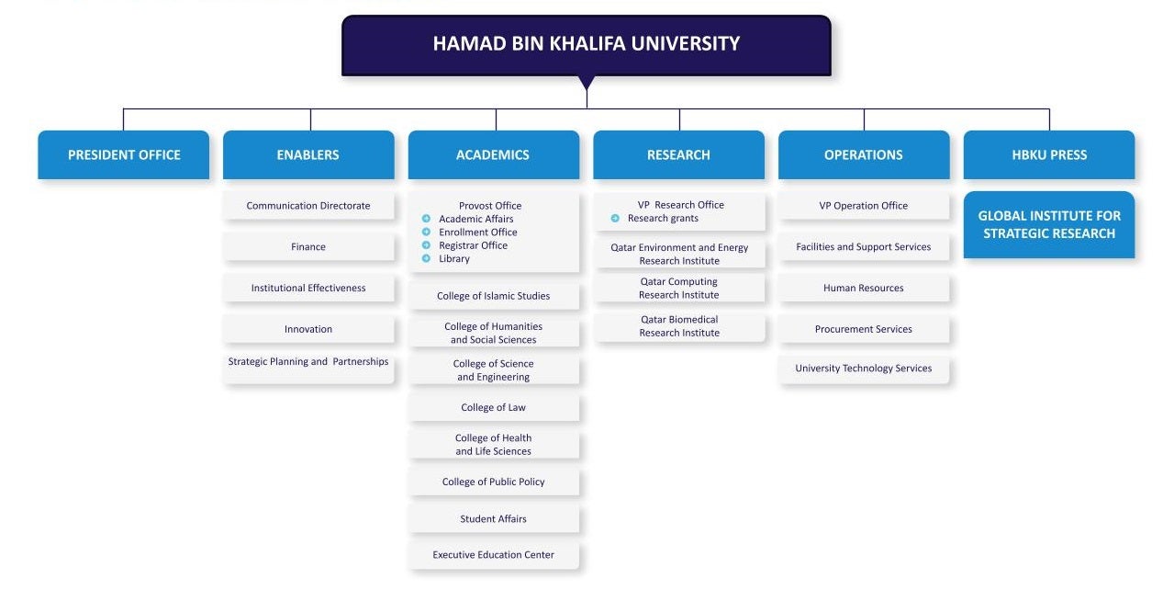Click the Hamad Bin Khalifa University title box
[x=586, y=45]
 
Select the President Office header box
[x=124, y=154]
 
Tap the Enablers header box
[x=308, y=154]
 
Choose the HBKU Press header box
[x=1049, y=154]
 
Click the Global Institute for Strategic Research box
[x=1049, y=224]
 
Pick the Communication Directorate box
[x=308, y=205]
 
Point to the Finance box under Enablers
[x=308, y=246]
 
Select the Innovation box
[x=308, y=329]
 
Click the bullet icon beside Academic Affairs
[x=426, y=219]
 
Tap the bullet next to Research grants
[x=615, y=218]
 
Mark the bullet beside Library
[x=426, y=258]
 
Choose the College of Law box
[x=494, y=407]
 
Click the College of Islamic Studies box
[x=494, y=296]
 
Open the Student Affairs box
[x=494, y=518]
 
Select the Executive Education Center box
[x=494, y=555]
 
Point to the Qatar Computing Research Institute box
[x=679, y=289]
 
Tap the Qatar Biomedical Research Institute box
[x=679, y=326]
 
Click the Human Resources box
[x=864, y=288]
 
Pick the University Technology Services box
[x=864, y=369]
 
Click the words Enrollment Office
[x=478, y=232]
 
